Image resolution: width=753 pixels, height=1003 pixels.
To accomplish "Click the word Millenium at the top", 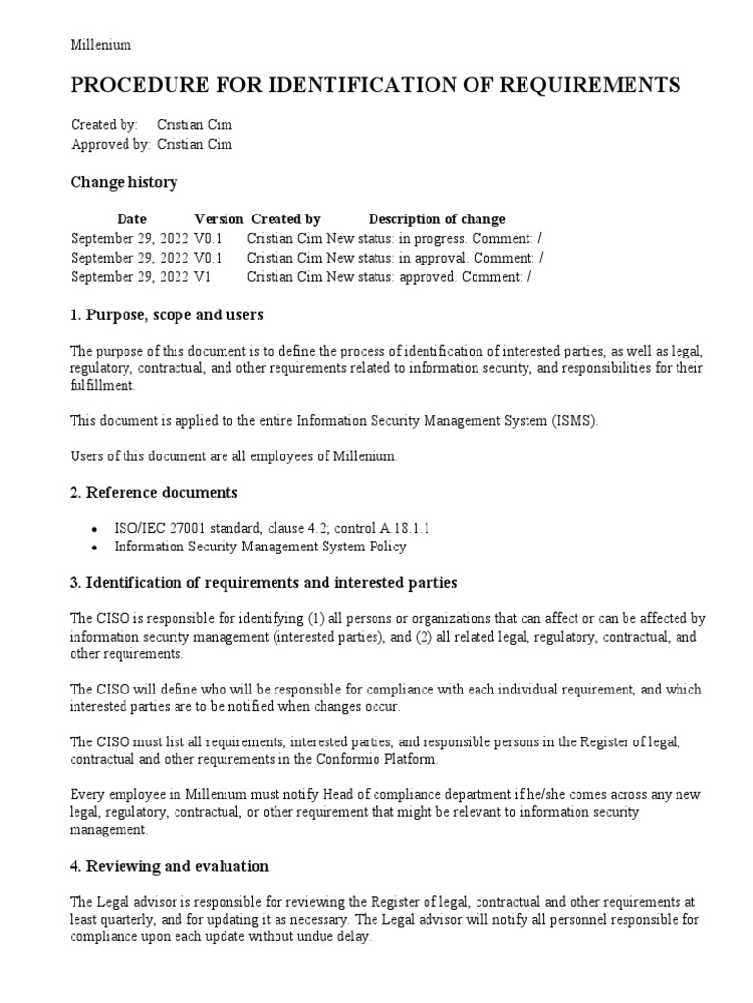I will (x=101, y=45).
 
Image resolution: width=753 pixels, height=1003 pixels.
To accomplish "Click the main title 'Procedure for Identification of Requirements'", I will (x=375, y=86).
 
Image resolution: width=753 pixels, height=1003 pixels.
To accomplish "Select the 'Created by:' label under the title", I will (x=105, y=125).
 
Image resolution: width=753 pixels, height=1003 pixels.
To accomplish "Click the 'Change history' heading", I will (x=124, y=182).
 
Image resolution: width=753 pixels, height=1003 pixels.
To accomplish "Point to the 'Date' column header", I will (x=131, y=219).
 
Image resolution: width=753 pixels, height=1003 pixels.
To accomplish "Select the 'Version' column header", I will (x=219, y=219).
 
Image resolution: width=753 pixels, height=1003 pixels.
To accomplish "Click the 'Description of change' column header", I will (x=436, y=219).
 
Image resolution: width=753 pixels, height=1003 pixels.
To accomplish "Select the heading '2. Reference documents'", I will (x=154, y=492).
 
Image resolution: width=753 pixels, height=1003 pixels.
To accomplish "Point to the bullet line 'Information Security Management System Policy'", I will (x=260, y=547).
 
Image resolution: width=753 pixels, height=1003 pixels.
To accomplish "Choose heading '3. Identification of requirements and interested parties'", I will (x=264, y=583).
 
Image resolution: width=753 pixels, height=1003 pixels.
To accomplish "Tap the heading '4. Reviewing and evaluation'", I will (x=170, y=866).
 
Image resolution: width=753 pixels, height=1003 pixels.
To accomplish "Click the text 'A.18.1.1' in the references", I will (x=402, y=528).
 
